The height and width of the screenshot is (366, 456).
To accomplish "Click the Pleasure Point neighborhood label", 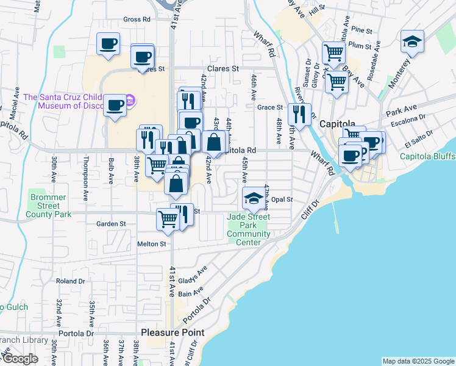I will point(173,332).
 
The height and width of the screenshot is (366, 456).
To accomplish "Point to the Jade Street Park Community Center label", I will point(249,229).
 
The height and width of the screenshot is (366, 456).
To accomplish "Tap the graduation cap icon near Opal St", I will point(254,198).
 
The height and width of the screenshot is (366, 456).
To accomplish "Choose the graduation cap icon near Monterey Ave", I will point(412,42).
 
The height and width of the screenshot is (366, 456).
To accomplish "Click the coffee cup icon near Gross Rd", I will point(109,43).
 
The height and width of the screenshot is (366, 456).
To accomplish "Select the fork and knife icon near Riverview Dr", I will point(299,113).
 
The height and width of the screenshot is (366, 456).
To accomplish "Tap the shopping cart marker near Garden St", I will point(168,219).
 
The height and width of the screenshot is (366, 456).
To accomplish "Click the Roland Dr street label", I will point(70,281).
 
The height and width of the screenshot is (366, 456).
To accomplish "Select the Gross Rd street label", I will point(137,20).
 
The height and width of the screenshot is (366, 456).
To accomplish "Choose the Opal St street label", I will point(282,199).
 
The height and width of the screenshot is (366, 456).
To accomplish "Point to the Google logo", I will point(20,359).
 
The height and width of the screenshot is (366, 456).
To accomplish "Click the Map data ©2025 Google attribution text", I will point(418,361).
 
